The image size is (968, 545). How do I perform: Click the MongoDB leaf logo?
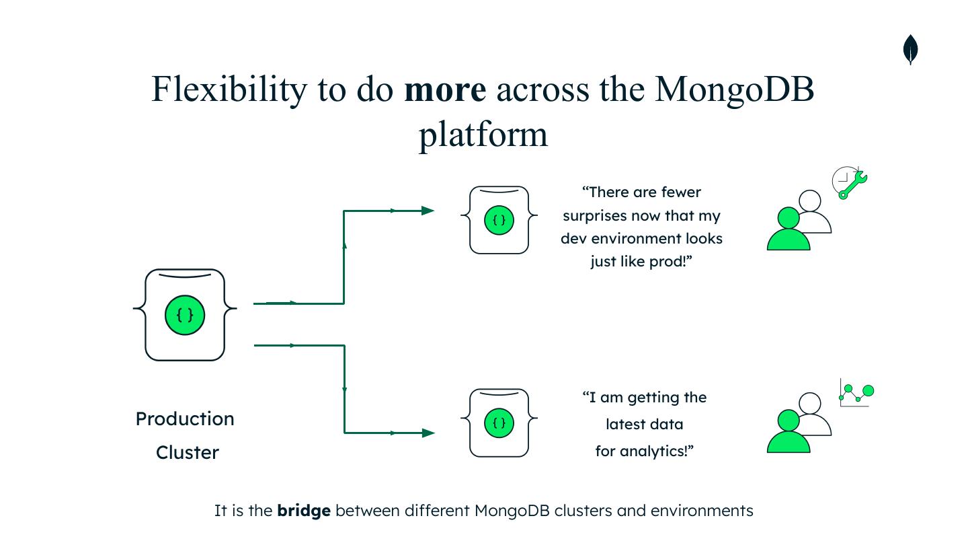click(910, 50)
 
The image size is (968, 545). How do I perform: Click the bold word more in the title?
click(444, 89)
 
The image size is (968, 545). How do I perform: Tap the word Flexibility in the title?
click(227, 89)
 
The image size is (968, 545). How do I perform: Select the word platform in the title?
click(483, 134)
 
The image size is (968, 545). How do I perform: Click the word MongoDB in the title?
click(734, 89)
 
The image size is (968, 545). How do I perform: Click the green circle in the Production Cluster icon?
click(185, 315)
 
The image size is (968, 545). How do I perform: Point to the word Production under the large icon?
click(185, 419)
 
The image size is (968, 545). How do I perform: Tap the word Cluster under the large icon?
click(188, 453)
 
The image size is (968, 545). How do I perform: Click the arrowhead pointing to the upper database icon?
click(428, 211)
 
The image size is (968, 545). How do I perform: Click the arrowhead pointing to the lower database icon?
click(428, 433)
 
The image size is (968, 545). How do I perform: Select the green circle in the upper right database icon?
click(499, 220)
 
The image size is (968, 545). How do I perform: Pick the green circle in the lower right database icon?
click(499, 423)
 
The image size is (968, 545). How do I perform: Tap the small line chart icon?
click(856, 393)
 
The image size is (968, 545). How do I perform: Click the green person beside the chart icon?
click(788, 433)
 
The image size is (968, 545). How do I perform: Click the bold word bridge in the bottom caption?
click(304, 511)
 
